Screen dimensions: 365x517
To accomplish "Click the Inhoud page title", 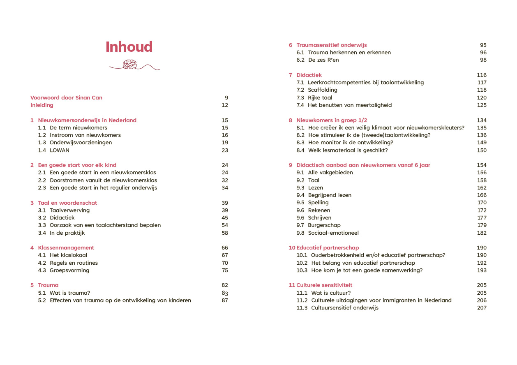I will click(129, 47).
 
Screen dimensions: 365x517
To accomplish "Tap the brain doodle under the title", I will click(130, 64).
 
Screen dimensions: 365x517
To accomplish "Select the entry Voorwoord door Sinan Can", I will click(66, 98).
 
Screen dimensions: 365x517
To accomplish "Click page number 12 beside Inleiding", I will click(224, 105).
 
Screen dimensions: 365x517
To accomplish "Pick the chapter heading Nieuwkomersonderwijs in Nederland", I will click(87, 120).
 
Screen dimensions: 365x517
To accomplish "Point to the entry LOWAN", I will click(60, 150).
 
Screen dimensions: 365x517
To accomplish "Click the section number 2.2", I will click(42, 180).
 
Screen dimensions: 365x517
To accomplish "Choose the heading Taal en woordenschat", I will click(67, 203).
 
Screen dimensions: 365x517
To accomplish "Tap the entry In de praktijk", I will click(67, 233).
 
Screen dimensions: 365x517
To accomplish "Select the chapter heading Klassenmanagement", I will click(66, 248).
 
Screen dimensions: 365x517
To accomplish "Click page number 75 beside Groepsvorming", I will click(224, 270).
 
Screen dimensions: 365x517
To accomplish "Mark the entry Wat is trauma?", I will click(70, 293).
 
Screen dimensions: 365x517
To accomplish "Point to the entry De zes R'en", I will click(323, 60).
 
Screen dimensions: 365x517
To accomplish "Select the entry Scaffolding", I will click(323, 90).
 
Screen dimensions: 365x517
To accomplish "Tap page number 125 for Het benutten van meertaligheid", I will click(482, 105).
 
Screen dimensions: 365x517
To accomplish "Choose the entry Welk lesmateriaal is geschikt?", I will click(348, 150).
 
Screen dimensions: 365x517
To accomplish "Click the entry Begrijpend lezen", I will click(330, 195).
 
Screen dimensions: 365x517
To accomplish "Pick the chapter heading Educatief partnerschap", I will click(328, 248).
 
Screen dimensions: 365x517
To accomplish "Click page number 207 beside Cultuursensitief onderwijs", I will click(482, 308).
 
